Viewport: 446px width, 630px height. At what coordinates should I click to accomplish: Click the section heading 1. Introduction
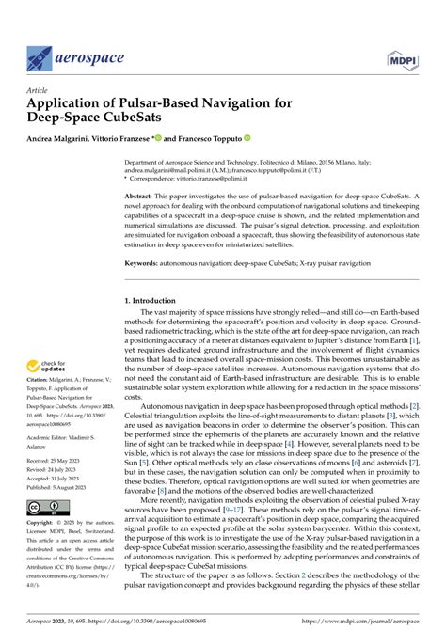[x=156, y=300]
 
